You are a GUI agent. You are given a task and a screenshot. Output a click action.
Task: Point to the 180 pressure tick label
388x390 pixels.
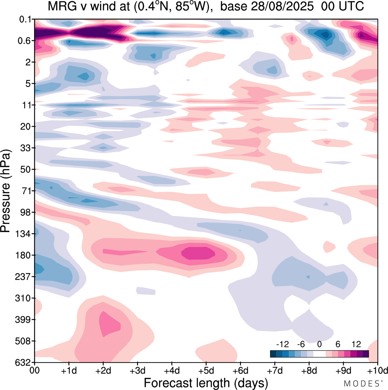(x=23, y=255)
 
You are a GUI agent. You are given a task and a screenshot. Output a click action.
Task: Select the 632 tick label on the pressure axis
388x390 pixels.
(x=23, y=362)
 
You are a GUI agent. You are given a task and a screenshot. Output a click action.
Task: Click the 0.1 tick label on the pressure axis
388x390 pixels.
(x=25, y=20)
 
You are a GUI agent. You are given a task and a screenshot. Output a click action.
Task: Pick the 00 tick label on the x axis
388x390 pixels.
(x=35, y=371)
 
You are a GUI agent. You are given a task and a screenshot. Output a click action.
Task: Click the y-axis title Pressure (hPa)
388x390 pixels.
(x=5, y=191)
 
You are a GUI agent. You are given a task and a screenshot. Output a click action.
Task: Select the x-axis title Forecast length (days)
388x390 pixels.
(x=206, y=383)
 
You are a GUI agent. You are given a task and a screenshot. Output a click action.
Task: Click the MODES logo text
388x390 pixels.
(x=361, y=384)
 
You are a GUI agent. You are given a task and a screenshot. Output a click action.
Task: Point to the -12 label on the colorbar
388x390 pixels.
(x=282, y=344)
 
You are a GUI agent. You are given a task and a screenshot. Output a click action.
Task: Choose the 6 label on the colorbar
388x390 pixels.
(x=338, y=344)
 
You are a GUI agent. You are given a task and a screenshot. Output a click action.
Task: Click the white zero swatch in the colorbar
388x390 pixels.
(x=319, y=354)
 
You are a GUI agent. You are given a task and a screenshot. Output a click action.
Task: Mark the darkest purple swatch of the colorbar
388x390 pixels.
(x=366, y=354)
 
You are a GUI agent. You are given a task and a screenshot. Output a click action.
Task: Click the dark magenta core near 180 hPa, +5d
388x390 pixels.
(x=199, y=253)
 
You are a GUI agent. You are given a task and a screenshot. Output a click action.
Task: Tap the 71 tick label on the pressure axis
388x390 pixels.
(x=25, y=191)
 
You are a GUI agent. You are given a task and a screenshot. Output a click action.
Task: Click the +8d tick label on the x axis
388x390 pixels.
(x=309, y=371)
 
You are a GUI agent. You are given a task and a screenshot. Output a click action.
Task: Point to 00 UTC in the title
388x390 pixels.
(x=343, y=6)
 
